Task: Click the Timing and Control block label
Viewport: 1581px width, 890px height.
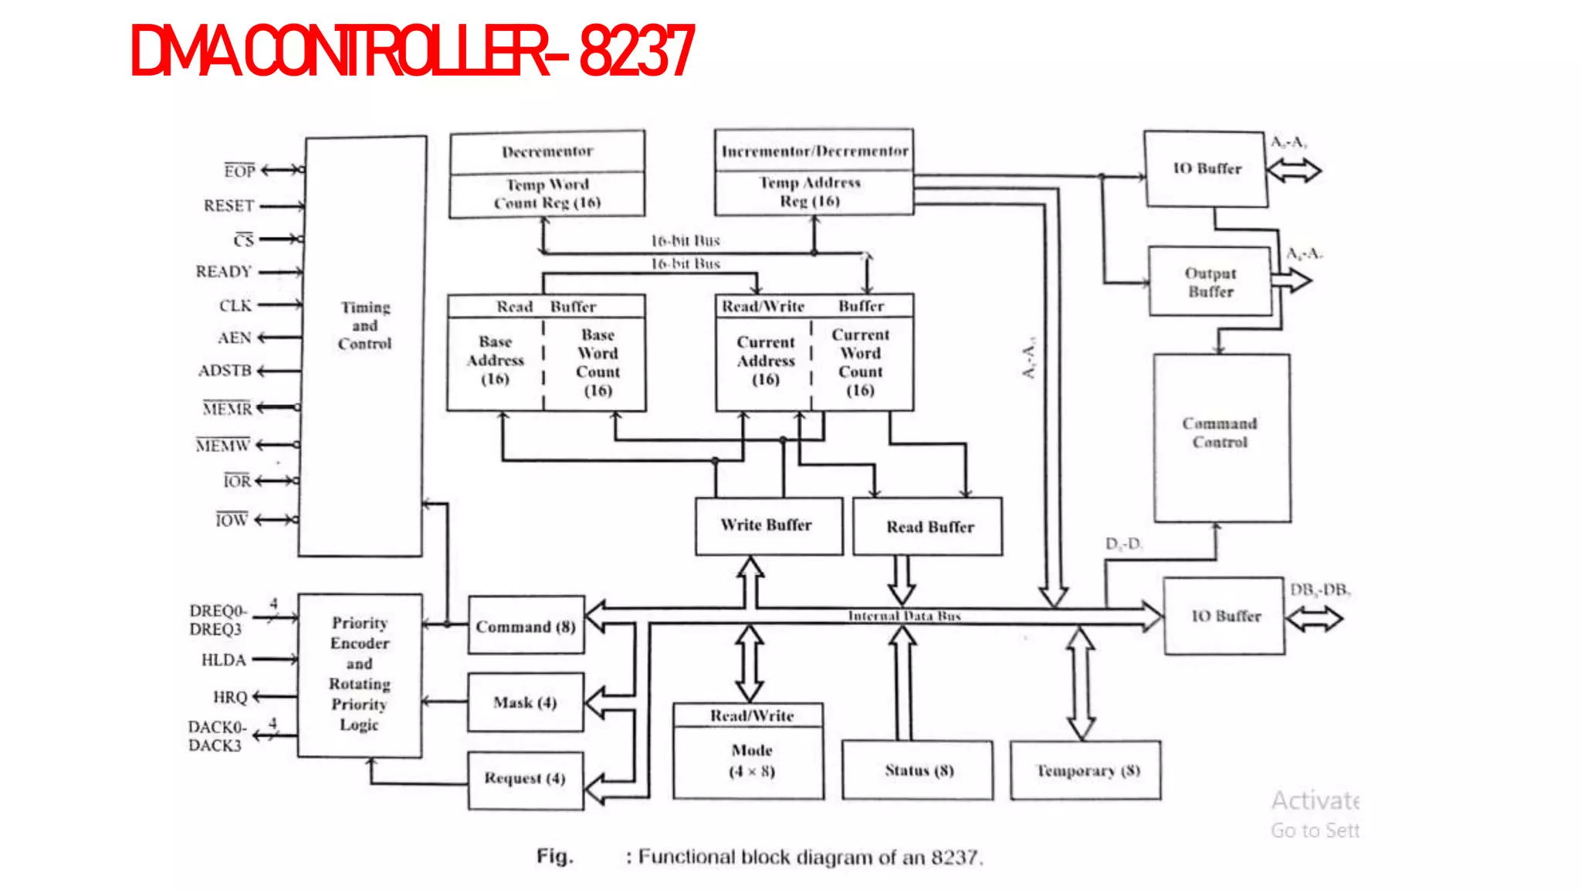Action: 364,325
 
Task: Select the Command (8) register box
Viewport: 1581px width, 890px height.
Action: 526,626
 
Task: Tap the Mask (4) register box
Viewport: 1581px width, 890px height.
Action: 525,702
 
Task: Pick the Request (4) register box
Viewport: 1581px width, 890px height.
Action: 525,779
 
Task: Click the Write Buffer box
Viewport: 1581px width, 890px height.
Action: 767,525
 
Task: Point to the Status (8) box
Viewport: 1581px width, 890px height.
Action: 918,770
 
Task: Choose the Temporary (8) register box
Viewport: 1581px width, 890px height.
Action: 1085,770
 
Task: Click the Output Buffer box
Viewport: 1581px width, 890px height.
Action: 1210,282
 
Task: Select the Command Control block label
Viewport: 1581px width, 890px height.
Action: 1220,433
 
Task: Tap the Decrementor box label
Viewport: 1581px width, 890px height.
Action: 547,151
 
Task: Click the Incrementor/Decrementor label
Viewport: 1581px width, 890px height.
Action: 814,151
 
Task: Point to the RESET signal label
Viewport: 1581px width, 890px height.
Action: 229,206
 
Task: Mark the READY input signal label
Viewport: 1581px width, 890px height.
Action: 224,272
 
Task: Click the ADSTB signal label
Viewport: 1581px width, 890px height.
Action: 225,371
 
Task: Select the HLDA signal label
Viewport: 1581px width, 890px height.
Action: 223,660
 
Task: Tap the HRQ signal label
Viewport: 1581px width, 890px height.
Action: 230,697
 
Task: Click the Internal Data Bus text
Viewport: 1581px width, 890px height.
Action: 904,616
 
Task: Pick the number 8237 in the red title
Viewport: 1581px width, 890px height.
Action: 636,52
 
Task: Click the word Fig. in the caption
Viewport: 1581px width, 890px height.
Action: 555,856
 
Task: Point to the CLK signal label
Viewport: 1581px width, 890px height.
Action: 235,306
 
